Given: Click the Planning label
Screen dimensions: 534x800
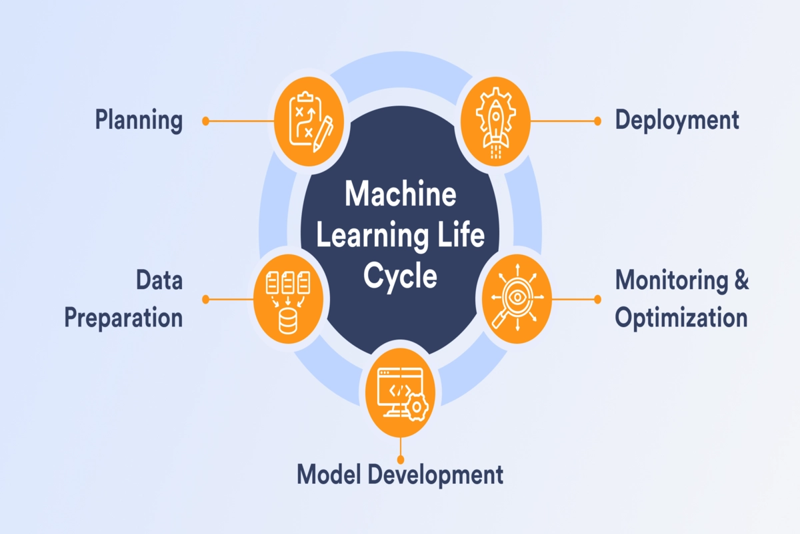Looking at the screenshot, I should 139,121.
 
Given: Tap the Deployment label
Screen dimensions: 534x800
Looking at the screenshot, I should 677,120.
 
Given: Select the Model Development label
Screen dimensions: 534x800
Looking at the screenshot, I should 399,475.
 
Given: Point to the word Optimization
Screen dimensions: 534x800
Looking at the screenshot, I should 681,318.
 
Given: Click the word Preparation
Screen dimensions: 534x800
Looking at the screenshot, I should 123,318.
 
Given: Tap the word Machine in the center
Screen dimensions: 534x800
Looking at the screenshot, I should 400,196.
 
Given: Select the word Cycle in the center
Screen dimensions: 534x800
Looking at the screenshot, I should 400,276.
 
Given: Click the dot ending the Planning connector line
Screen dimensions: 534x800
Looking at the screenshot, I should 206,121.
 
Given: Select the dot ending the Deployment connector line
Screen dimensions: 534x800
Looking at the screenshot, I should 597,121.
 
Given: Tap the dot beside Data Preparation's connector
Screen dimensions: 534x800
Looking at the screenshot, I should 206,300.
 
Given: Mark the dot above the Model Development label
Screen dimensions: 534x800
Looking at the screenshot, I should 400,460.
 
